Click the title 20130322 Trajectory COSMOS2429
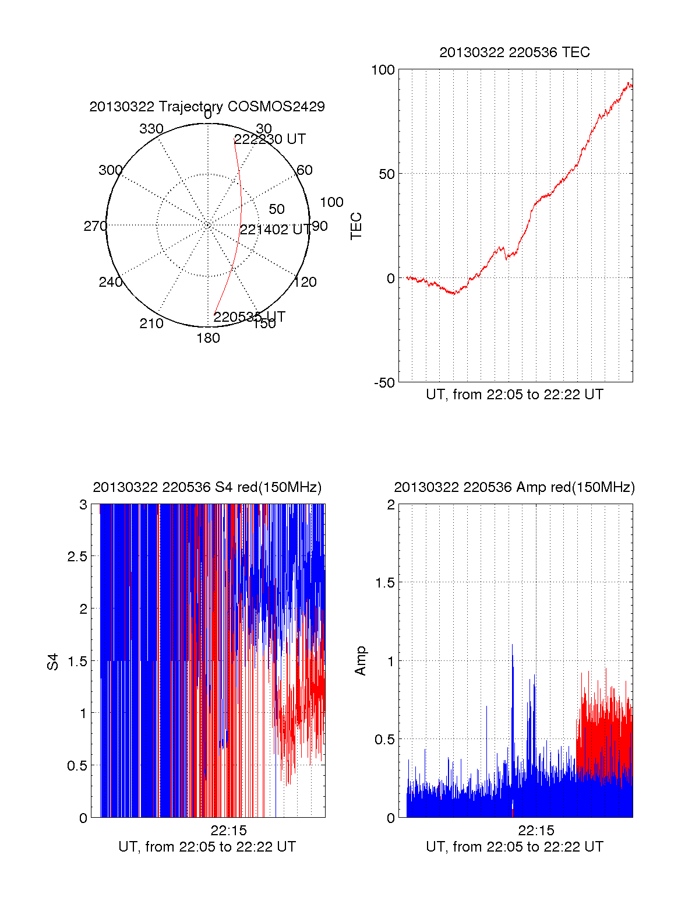pos(207,107)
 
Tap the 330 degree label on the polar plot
pos(151,129)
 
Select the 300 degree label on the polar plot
pos(111,170)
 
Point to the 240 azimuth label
pos(111,282)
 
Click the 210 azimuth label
pos(151,323)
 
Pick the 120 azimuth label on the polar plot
pos(305,282)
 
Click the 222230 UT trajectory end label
pos(270,139)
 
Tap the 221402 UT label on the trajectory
pos(276,230)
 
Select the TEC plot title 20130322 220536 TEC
pos(514,52)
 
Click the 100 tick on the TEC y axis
pos(383,70)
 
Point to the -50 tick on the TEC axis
pos(384,383)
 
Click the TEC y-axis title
pos(356,226)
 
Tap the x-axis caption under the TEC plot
pos(514,395)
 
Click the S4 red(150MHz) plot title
pos(207,487)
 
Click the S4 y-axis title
pos(53,662)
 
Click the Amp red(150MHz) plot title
pos(514,487)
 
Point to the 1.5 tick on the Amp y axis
pos(385,582)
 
